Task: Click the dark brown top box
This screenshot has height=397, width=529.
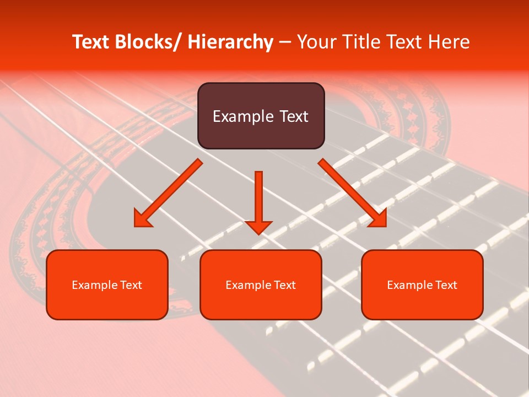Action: click(x=261, y=116)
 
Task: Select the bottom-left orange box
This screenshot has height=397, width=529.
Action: click(x=107, y=285)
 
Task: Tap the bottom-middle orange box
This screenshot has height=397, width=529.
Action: click(x=261, y=285)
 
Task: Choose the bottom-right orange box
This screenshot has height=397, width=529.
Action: click(x=422, y=285)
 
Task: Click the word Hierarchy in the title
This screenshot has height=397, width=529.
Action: click(x=230, y=42)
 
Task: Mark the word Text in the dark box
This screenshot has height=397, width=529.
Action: click(x=294, y=116)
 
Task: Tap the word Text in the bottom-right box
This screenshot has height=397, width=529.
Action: click(x=446, y=285)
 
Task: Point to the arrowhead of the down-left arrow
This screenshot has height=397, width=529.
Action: click(x=142, y=219)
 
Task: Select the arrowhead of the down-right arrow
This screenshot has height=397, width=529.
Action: click(x=378, y=219)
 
